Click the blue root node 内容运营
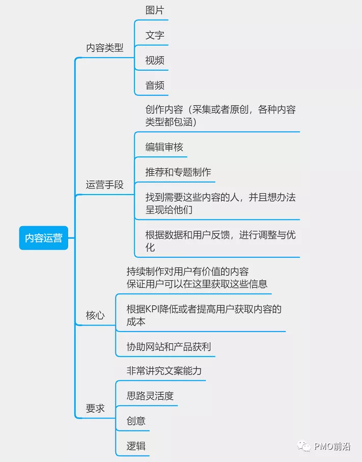(44, 238)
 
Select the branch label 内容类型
(105, 48)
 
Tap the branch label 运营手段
(105, 185)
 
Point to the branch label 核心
(95, 315)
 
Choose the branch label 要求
(95, 409)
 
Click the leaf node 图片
(155, 10)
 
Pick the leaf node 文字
(155, 35)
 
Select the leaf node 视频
(155, 60)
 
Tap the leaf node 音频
(155, 85)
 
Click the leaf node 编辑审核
(164, 147)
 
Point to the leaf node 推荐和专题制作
(178, 172)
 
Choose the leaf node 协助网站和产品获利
(169, 347)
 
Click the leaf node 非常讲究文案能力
(164, 370)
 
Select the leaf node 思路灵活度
(150, 396)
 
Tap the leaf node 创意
(136, 421)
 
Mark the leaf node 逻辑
(136, 446)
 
